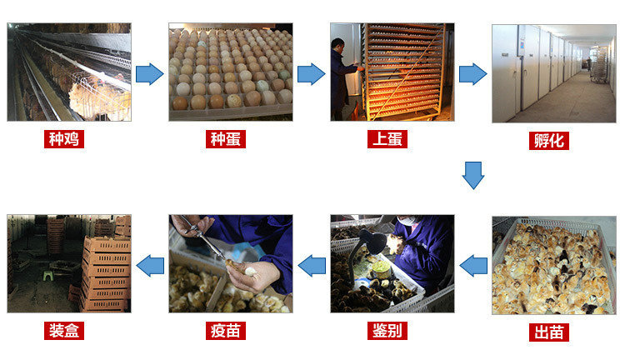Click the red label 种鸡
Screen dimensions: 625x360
(64, 139)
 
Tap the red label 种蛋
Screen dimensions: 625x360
(226, 139)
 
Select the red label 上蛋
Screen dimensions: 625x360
(387, 139)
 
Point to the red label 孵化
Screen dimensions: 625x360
(549, 141)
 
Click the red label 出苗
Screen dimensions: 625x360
(549, 332)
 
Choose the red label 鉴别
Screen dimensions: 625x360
(387, 331)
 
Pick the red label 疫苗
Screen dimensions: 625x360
(226, 331)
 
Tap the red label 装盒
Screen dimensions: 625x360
(64, 331)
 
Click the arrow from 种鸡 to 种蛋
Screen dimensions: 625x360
(150, 74)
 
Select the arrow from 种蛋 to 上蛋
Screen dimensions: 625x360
(312, 74)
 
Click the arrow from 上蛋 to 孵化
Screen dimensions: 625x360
(473, 74)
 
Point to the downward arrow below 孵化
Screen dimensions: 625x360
(473, 175)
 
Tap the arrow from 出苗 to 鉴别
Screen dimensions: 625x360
(473, 266)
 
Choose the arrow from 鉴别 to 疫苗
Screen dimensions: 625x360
(312, 266)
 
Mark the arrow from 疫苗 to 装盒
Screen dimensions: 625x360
(150, 266)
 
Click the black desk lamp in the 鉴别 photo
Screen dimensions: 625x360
(372, 243)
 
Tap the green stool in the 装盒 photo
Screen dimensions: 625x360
(48, 275)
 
